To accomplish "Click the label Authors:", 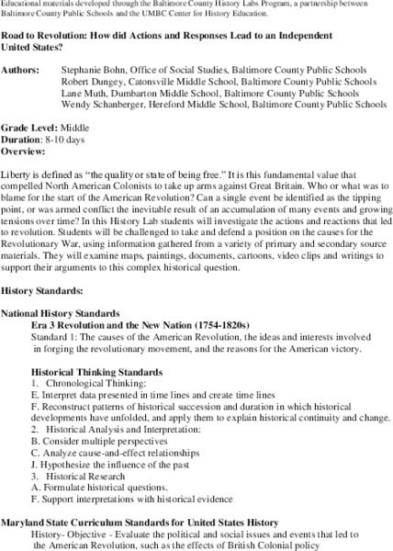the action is pos(21,69).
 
